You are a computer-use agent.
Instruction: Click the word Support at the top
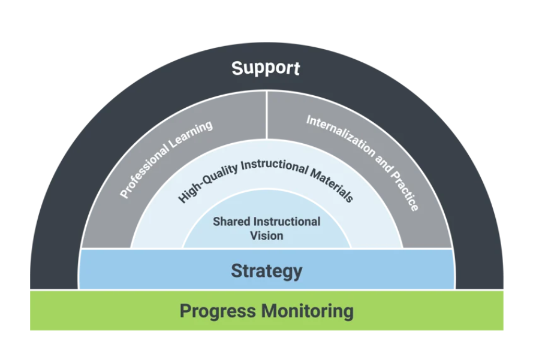(266, 68)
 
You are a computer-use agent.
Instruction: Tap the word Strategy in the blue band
(266, 271)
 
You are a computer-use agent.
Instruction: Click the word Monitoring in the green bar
(307, 311)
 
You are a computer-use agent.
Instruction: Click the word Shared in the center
(231, 222)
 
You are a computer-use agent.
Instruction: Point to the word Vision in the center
(266, 235)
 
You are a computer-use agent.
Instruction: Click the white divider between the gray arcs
(266, 114)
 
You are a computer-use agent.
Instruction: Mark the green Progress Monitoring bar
(90, 311)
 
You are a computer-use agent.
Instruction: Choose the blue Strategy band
(150, 270)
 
